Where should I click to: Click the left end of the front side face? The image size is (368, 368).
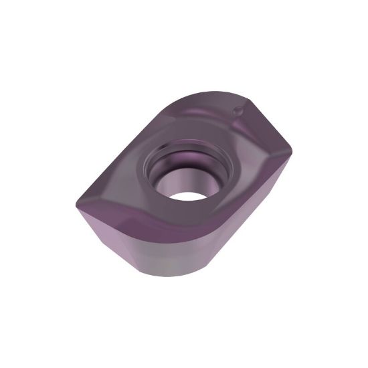pyautogui.click(x=87, y=217)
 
